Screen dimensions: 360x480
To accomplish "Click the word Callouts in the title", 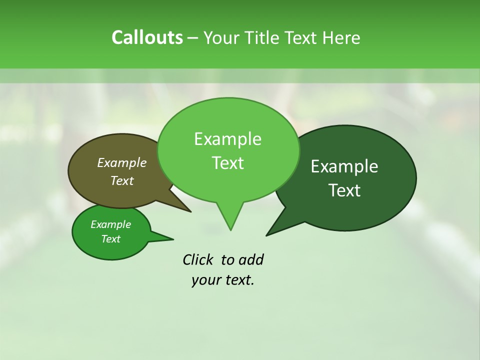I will pyautogui.click(x=147, y=37).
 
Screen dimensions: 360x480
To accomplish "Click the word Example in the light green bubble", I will pyautogui.click(x=227, y=139).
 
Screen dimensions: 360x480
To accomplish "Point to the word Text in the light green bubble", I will pyautogui.click(x=227, y=163).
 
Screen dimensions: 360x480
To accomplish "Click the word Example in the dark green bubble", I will pyautogui.click(x=344, y=166).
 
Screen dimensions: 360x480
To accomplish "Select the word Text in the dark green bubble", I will pyautogui.click(x=344, y=190).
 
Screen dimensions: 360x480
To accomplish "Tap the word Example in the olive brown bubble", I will pyautogui.click(x=121, y=162).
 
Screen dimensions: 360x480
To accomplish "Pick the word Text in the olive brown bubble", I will pyautogui.click(x=121, y=180).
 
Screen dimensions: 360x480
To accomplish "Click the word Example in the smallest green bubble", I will pyautogui.click(x=110, y=224).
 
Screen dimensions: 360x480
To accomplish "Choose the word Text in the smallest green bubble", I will pyautogui.click(x=110, y=239).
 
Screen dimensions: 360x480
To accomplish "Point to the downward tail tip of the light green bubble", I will pyautogui.click(x=230, y=229).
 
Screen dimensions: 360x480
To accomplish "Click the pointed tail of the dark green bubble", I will pyautogui.click(x=268, y=234).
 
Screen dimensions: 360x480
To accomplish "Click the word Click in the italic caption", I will pyautogui.click(x=198, y=260).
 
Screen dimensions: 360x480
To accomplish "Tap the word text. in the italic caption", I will pyautogui.click(x=237, y=280).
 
